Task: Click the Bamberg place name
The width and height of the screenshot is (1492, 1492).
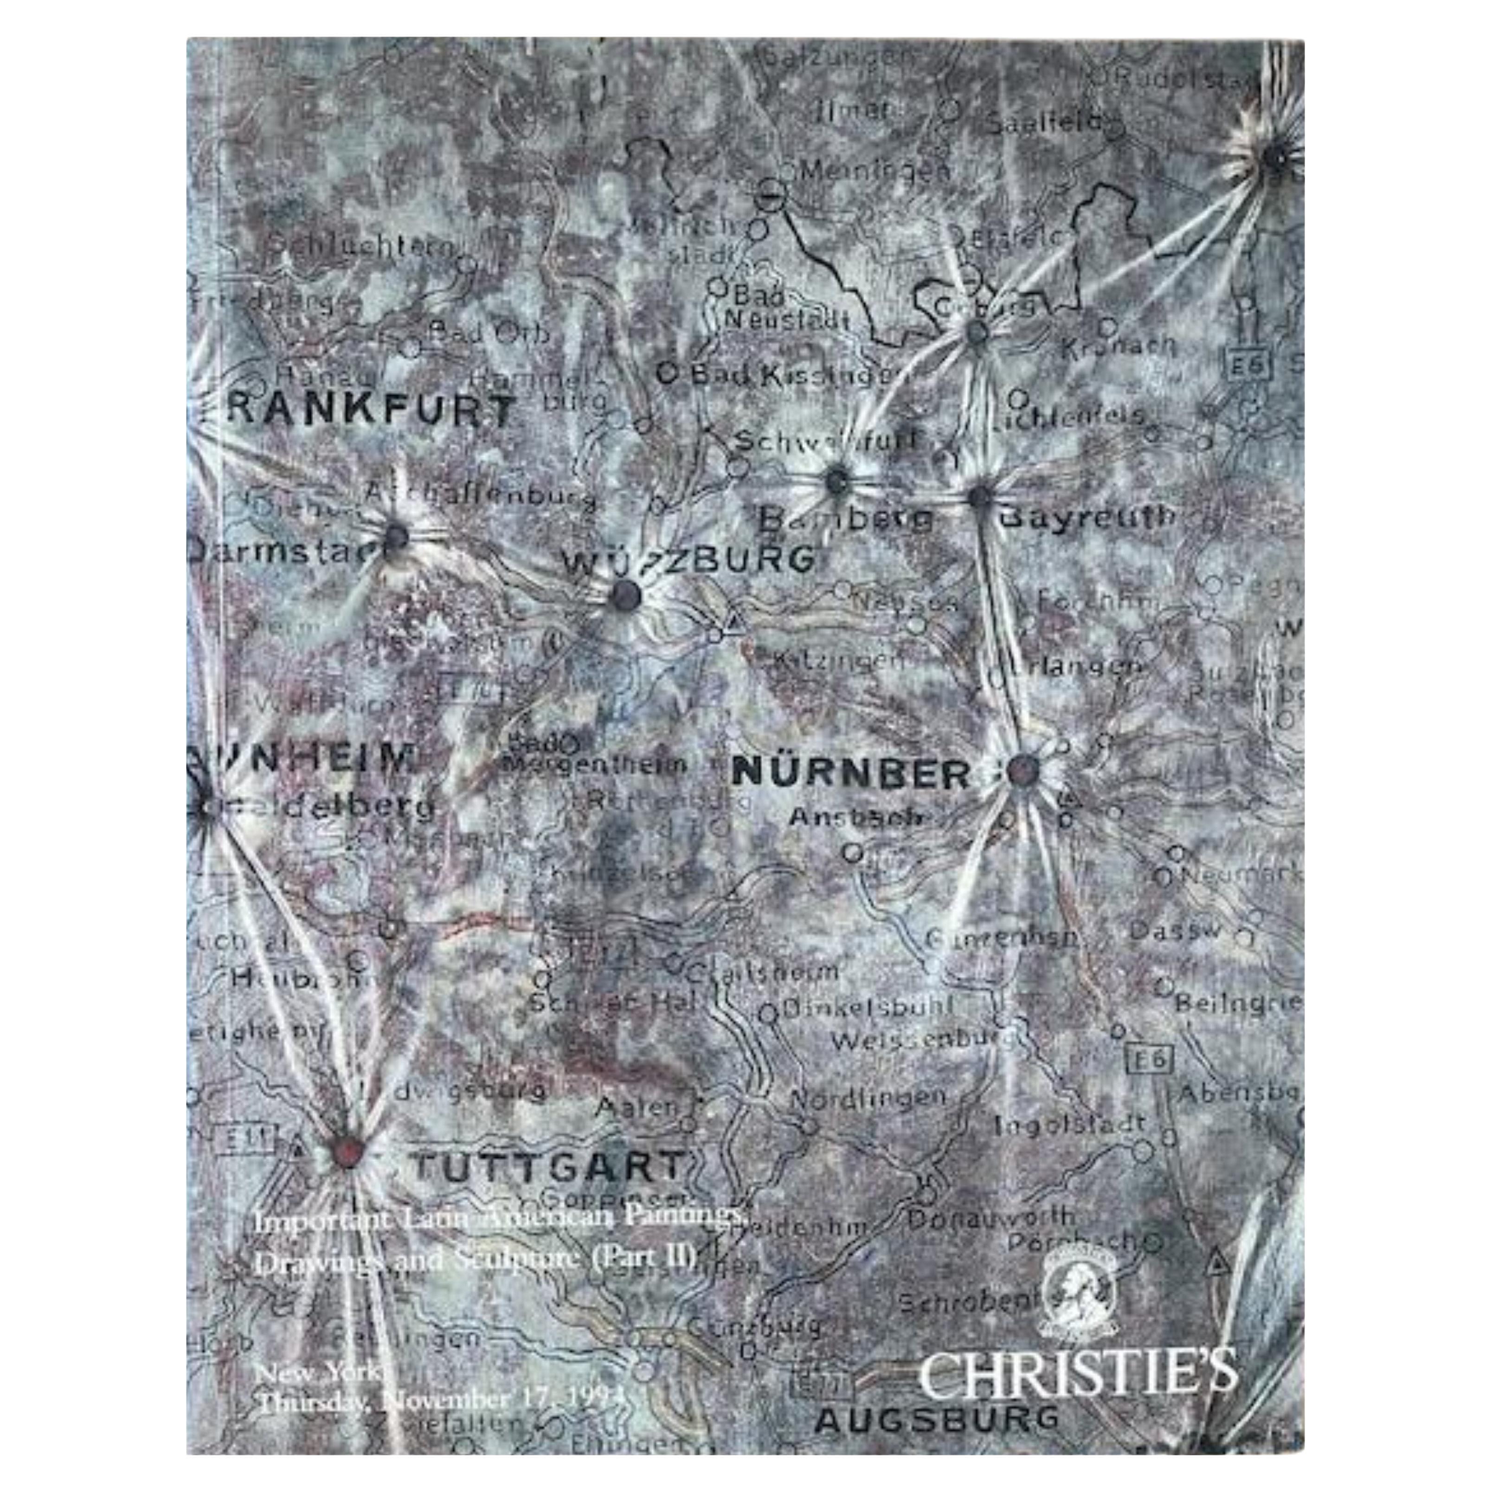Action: pyautogui.click(x=846, y=519)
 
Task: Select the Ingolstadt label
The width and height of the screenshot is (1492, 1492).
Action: pyautogui.click(x=1069, y=1125)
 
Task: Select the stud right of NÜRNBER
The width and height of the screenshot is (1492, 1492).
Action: pyautogui.click(x=1024, y=770)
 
